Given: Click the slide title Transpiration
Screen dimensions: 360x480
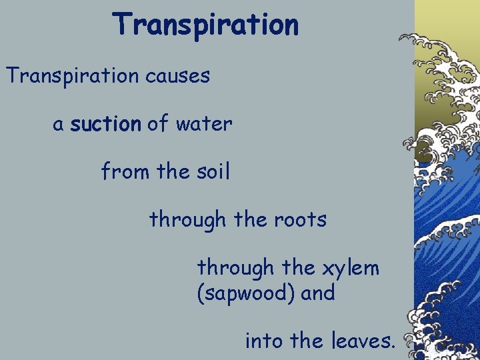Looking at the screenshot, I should tap(205, 25).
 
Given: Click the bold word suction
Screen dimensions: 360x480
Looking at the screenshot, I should tap(105, 124).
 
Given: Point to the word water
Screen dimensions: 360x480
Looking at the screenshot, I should tap(204, 124).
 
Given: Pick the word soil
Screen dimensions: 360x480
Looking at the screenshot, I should tap(211, 172).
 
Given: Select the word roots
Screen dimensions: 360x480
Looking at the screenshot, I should tap(301, 219).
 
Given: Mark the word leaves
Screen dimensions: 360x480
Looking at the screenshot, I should tap(363, 342).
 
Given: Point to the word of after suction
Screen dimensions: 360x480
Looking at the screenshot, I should tap(158, 124).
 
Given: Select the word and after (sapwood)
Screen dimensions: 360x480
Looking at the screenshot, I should tap(318, 293).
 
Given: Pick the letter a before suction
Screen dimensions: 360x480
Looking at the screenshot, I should tap(59, 125).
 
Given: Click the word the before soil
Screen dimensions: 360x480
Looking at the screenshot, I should tap(173, 172).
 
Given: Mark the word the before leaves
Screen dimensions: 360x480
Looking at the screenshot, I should tap(307, 342).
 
